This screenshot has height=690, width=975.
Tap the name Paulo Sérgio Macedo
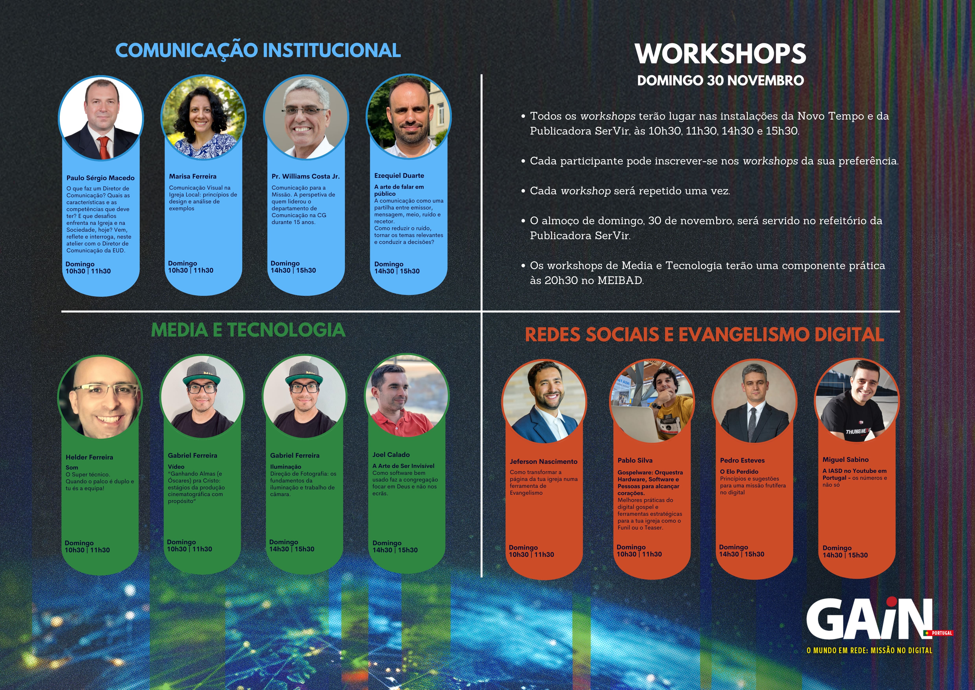(100, 178)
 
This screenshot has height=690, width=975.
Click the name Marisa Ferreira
(193, 176)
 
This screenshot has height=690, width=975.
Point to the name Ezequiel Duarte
(399, 175)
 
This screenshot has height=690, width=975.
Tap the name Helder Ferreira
(89, 457)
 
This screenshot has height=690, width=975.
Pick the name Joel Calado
(391, 455)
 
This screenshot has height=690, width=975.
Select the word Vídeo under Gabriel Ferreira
(176, 467)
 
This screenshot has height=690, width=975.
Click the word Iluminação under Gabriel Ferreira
(285, 467)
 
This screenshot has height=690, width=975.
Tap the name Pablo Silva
(635, 460)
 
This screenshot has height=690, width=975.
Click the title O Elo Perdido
(739, 472)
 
